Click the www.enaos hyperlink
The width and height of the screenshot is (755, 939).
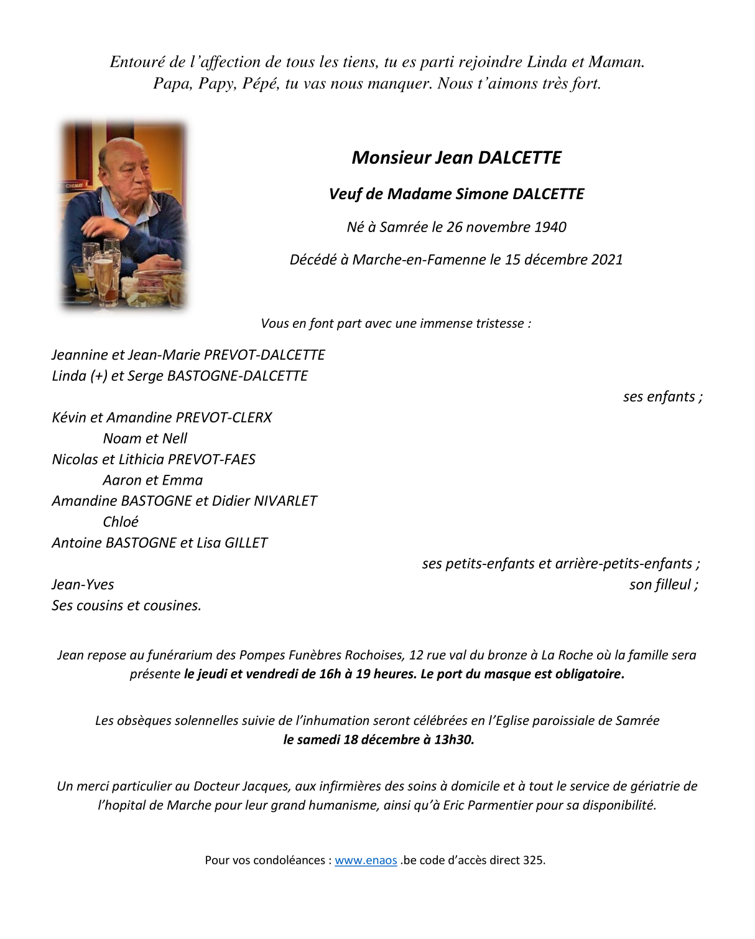[366, 861]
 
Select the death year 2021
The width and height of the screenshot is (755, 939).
[607, 260]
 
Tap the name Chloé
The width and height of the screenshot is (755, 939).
[121, 522]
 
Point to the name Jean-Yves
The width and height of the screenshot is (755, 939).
[83, 585]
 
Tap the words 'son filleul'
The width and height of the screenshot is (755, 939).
[660, 585]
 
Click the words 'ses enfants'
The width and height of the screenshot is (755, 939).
[659, 397]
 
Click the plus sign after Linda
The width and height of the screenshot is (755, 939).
[100, 376]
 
